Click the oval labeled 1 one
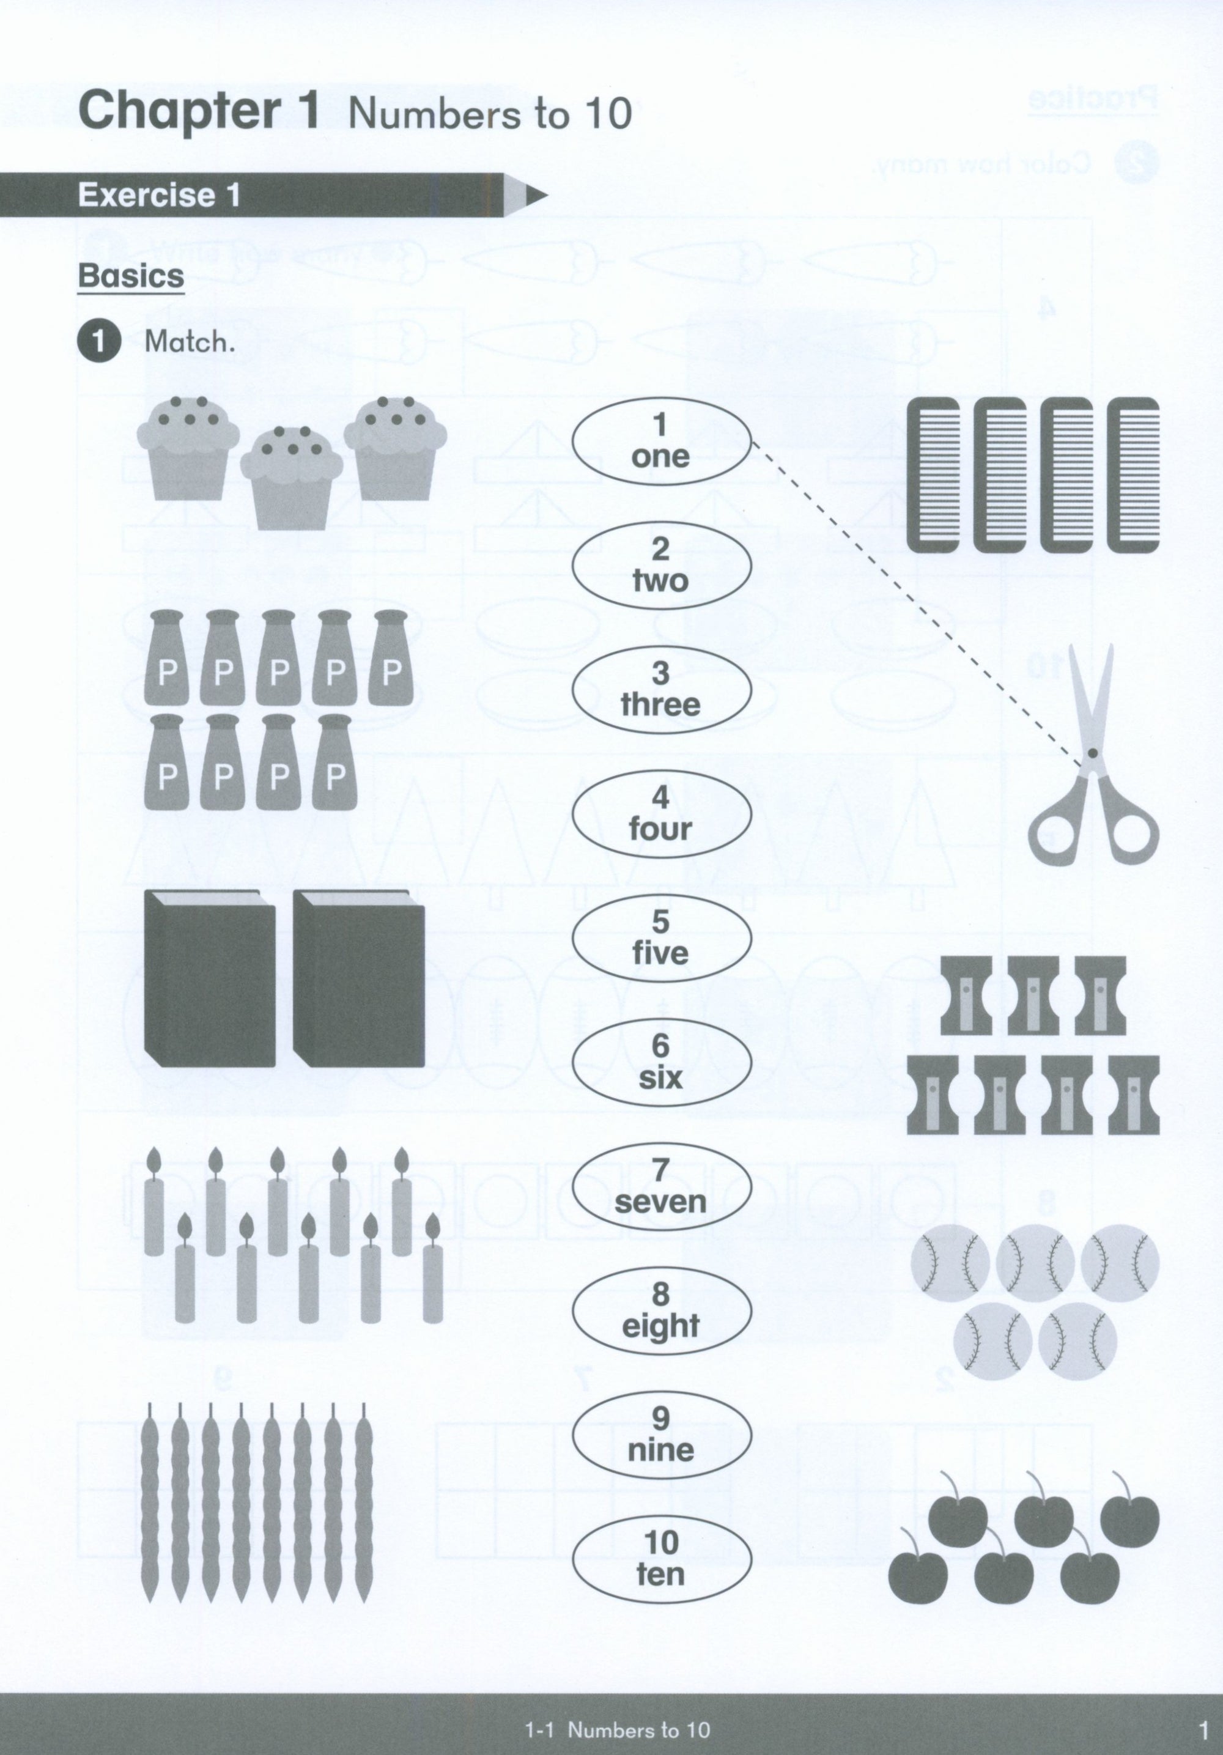(661, 441)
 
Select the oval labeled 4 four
(661, 814)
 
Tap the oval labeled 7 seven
(661, 1187)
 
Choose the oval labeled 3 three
(661, 690)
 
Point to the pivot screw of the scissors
(1092, 753)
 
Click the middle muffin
(290, 478)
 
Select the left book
(209, 978)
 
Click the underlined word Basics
(131, 276)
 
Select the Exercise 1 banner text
(159, 195)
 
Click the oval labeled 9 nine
(661, 1434)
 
